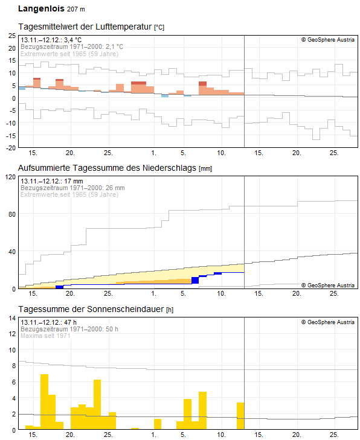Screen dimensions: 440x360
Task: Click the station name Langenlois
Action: pos(40,9)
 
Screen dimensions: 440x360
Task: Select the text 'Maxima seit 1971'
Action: pos(46,336)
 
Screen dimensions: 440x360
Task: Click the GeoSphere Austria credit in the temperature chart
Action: pos(328,40)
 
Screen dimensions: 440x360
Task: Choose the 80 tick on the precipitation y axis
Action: pos(12,214)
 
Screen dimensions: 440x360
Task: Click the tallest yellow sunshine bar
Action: pos(44,401)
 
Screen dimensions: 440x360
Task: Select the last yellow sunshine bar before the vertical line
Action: pos(240,416)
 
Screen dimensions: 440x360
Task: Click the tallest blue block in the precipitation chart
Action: pos(195,280)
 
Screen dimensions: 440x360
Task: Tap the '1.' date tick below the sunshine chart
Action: pos(153,435)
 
